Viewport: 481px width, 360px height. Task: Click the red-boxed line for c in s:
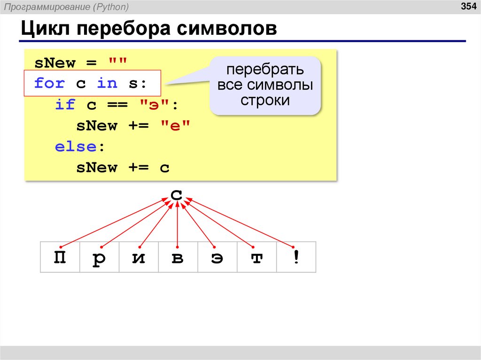91,84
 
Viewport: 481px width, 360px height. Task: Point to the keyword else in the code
76,146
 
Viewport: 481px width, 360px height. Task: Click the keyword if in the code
65,105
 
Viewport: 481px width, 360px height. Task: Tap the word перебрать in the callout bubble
265,70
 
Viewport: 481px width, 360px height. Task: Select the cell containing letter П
60,258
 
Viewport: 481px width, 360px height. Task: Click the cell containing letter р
99,258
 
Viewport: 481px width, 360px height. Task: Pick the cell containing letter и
139,258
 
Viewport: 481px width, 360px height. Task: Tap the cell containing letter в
178,258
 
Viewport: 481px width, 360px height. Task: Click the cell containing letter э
217,258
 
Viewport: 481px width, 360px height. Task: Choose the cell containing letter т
256,258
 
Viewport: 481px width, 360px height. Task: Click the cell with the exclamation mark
296,258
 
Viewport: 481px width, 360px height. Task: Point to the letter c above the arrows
177,194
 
